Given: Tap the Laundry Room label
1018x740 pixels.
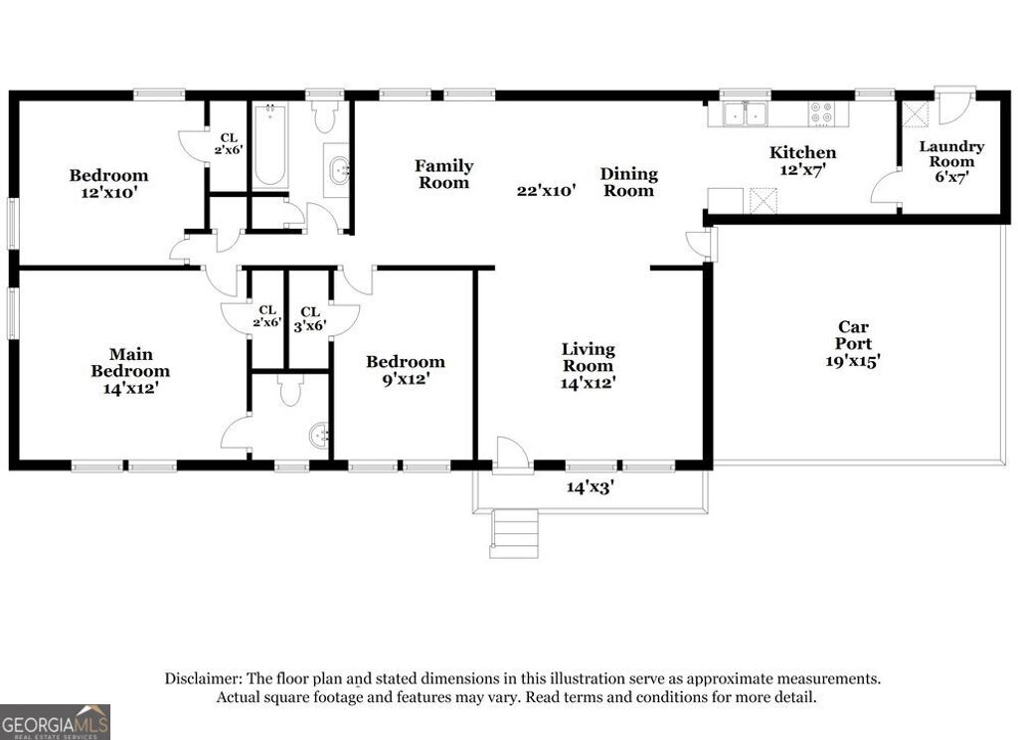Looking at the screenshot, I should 950,153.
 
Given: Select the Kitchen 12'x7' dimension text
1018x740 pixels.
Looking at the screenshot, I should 802,171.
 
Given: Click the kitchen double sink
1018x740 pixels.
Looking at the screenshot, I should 744,114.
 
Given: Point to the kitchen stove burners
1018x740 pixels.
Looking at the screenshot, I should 822,114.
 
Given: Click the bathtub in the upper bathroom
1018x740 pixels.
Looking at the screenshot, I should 269,148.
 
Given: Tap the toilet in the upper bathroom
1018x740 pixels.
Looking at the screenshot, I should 325,118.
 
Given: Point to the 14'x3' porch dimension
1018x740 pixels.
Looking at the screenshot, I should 591,487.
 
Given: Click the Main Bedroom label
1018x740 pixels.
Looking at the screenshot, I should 138,362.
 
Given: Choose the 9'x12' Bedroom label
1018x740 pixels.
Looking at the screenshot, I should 405,370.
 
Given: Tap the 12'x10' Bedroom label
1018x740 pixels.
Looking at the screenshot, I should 108,184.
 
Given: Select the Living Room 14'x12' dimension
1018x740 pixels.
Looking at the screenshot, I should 588,383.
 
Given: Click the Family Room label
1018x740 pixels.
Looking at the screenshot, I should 443,174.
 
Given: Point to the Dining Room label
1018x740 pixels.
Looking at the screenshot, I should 628,182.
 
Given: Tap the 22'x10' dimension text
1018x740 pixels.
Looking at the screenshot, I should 546,191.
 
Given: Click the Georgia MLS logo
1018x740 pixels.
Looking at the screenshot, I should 55,721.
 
